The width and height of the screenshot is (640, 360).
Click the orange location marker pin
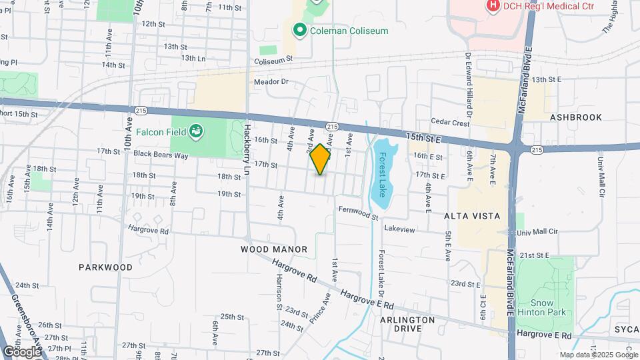point(320,159)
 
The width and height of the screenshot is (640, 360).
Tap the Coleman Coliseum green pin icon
point(300,30)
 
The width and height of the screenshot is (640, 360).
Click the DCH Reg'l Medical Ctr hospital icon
point(493,6)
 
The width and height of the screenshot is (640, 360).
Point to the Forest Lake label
point(383,175)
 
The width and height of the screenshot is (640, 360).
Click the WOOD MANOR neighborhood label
point(274,249)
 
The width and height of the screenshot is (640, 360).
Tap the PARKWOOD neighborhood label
point(105,267)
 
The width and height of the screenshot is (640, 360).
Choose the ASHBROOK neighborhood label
point(575,117)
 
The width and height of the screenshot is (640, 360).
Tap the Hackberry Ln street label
point(247,141)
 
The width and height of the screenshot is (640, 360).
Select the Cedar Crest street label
point(451,122)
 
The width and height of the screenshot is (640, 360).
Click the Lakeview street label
point(399,229)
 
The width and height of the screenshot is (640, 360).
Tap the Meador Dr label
point(271,82)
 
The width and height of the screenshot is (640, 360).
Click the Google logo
point(22,351)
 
